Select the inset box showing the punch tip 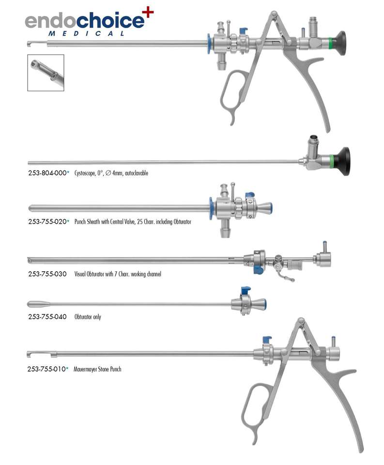tap(46, 73)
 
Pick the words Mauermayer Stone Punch tap(97, 369)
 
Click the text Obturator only tap(88, 317)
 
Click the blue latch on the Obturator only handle tap(245, 292)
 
